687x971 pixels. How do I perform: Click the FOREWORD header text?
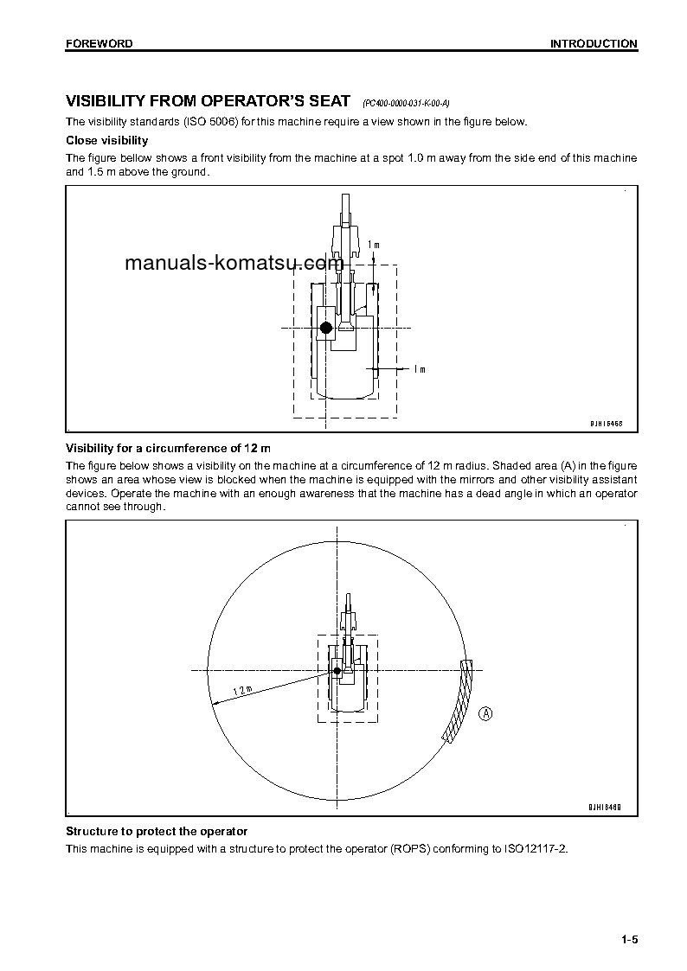point(100,43)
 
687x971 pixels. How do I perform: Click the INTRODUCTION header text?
point(594,43)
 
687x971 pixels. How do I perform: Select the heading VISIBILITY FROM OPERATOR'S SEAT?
point(209,101)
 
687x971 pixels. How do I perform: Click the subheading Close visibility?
point(107,140)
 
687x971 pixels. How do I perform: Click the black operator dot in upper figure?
point(325,328)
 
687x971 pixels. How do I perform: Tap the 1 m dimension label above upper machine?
point(373,245)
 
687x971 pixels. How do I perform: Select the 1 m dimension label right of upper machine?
point(419,369)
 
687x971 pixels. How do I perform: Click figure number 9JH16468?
point(607,424)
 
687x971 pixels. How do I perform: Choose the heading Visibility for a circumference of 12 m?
point(169,448)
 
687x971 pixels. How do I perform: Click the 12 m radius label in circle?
point(241,689)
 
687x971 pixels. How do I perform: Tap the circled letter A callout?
point(486,713)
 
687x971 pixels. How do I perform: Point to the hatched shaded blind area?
point(459,703)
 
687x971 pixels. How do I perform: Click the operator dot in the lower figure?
point(337,671)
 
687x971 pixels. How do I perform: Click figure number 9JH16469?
point(607,808)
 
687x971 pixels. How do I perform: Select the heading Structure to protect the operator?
point(157,831)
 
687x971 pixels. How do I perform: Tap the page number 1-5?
point(628,940)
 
